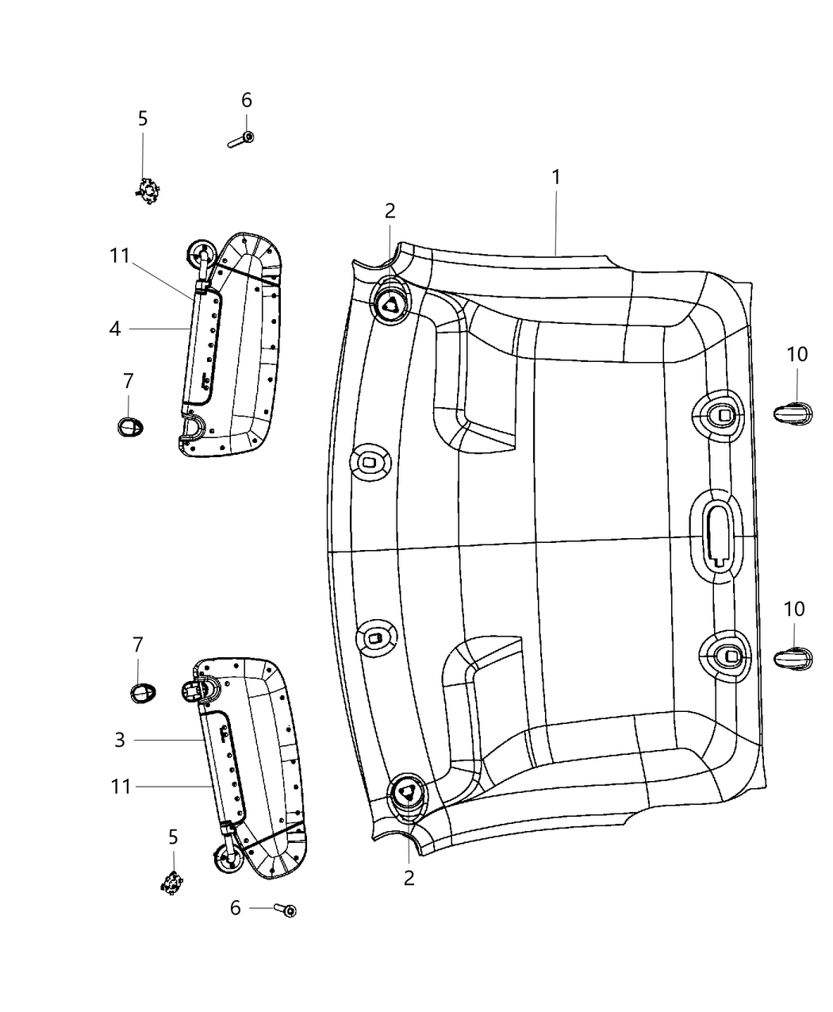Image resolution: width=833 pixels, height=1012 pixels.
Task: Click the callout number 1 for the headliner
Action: click(x=556, y=177)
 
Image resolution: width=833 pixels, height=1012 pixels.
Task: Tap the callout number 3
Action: click(x=120, y=741)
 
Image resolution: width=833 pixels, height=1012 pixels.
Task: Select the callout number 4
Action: click(x=116, y=328)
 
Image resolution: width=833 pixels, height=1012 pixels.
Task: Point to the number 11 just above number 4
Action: click(x=119, y=256)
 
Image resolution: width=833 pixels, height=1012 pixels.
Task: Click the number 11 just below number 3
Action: click(x=121, y=787)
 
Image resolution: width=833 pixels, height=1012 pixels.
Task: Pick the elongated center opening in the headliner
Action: click(x=718, y=532)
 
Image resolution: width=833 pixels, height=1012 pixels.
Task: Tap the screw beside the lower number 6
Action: click(x=285, y=910)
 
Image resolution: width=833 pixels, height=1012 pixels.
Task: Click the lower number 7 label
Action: click(x=138, y=645)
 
